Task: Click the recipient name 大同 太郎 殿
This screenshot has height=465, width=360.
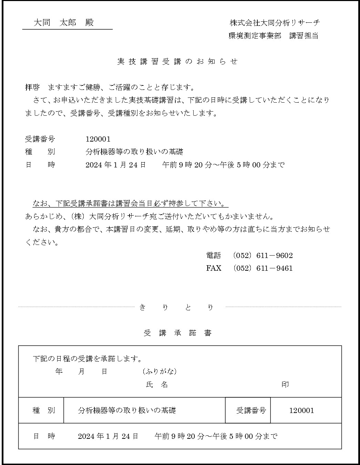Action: click(64, 23)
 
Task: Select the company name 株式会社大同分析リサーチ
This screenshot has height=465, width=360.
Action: click(275, 23)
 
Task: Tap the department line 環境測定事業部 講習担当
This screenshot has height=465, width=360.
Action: click(273, 36)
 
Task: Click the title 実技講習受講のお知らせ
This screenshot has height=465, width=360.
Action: click(177, 62)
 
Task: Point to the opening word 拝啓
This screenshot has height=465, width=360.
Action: click(32, 87)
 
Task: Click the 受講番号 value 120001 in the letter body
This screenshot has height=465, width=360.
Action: click(98, 139)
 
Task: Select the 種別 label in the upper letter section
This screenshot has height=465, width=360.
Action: click(40, 152)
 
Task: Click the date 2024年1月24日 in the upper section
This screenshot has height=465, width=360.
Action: click(115, 165)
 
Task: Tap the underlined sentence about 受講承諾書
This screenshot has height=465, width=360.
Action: click(130, 203)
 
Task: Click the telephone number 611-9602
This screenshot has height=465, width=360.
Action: click(275, 256)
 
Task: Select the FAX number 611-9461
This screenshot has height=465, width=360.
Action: click(275, 268)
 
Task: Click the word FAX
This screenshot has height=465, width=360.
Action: click(214, 268)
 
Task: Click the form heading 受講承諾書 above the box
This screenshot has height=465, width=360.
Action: click(177, 333)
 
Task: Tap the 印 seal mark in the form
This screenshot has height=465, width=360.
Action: click(285, 384)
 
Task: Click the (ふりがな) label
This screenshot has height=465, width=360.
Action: click(160, 371)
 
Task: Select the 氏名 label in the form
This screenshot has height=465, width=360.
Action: click(157, 385)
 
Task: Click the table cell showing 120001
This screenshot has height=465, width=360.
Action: click(301, 410)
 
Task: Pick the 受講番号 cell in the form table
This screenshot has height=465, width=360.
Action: click(251, 410)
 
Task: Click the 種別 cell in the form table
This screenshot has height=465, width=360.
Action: click(43, 410)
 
